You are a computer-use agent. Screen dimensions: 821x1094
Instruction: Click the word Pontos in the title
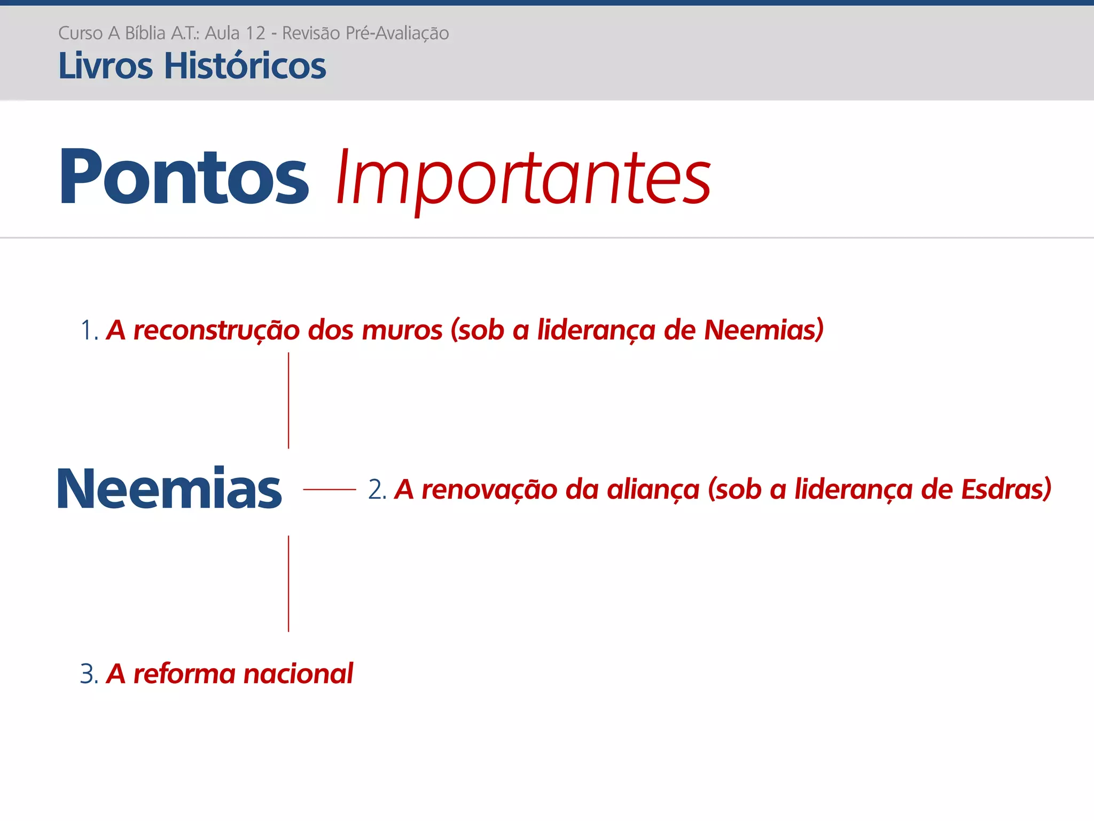click(x=184, y=177)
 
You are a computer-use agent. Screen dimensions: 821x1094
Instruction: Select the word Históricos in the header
click(x=245, y=66)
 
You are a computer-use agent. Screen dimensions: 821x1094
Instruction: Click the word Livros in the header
click(x=105, y=66)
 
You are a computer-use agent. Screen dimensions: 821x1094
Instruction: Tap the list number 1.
click(x=88, y=330)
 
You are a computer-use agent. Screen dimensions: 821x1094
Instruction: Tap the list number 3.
click(x=88, y=674)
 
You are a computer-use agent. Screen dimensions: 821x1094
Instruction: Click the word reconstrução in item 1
click(x=216, y=330)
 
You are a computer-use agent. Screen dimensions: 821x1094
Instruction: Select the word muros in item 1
click(x=402, y=330)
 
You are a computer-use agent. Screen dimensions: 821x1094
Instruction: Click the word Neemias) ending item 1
click(x=763, y=330)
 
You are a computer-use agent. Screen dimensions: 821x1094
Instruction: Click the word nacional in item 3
click(x=298, y=674)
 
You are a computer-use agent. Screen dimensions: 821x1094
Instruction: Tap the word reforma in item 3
click(x=184, y=674)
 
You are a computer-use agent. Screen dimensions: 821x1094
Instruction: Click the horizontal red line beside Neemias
click(x=329, y=489)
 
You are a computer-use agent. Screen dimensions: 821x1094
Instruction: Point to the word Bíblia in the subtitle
click(x=145, y=33)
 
